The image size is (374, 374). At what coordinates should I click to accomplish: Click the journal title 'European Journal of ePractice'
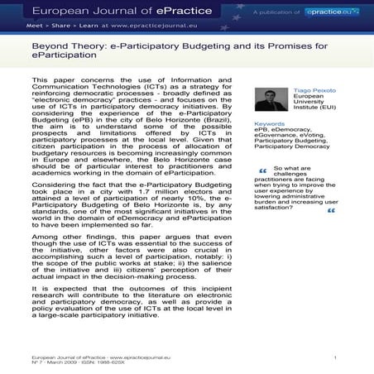(108, 12)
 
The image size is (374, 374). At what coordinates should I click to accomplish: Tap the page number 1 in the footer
(334, 355)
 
